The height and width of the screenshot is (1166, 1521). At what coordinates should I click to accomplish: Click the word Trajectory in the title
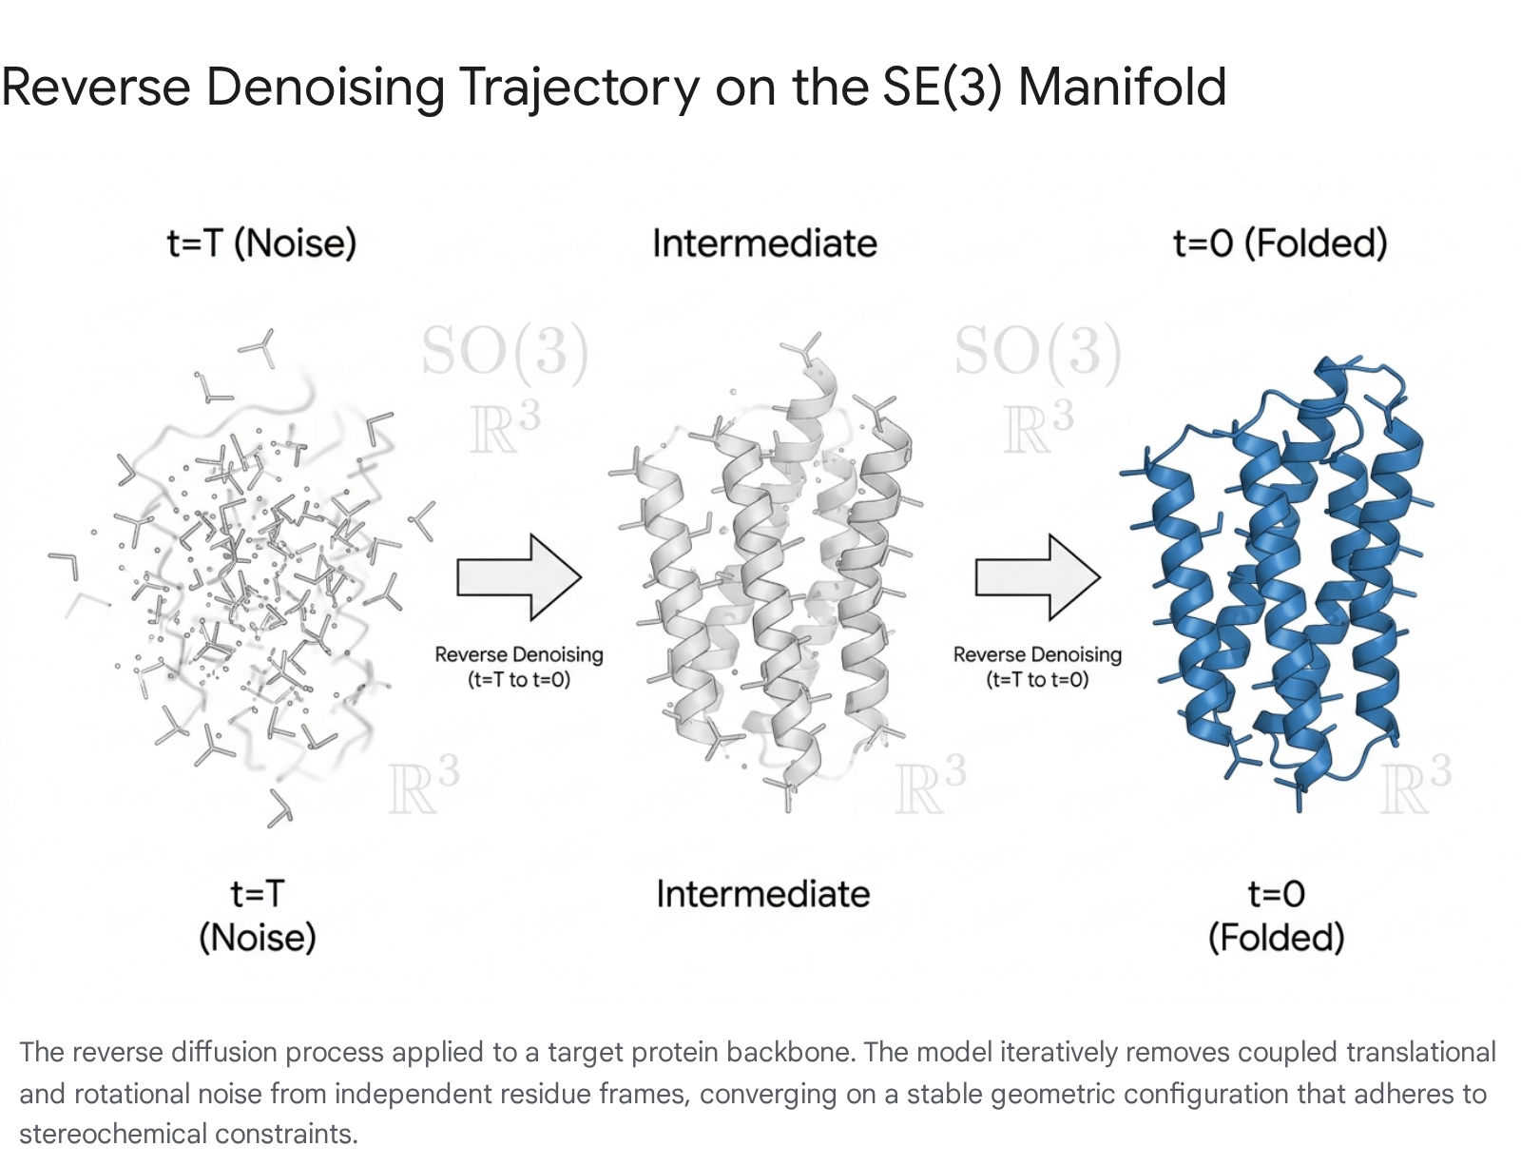pyautogui.click(x=580, y=88)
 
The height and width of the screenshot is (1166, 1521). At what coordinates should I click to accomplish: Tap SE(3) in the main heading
pyautogui.click(x=942, y=87)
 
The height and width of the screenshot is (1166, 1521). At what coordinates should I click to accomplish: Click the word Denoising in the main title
pyautogui.click(x=325, y=88)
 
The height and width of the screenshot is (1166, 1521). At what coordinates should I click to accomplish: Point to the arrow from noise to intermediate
pyautogui.click(x=519, y=577)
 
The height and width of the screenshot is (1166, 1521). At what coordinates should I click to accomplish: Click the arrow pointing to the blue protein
pyautogui.click(x=1038, y=577)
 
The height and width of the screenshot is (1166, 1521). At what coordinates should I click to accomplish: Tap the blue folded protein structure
pyautogui.click(x=1277, y=581)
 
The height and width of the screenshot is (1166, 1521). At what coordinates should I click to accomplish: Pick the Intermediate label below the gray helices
pyautogui.click(x=763, y=894)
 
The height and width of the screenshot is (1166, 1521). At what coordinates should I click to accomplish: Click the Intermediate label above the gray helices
pyautogui.click(x=764, y=243)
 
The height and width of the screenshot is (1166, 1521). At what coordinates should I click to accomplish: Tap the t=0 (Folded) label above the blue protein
pyautogui.click(x=1280, y=243)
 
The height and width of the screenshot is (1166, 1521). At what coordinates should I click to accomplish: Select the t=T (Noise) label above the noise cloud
pyautogui.click(x=261, y=243)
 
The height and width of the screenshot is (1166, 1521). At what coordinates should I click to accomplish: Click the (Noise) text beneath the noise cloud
pyautogui.click(x=258, y=938)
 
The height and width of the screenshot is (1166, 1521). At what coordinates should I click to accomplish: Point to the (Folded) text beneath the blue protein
pyautogui.click(x=1277, y=938)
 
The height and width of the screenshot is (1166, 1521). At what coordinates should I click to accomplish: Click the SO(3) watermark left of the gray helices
pyautogui.click(x=506, y=350)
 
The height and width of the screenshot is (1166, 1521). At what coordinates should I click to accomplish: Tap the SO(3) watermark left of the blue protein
pyautogui.click(x=1038, y=350)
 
